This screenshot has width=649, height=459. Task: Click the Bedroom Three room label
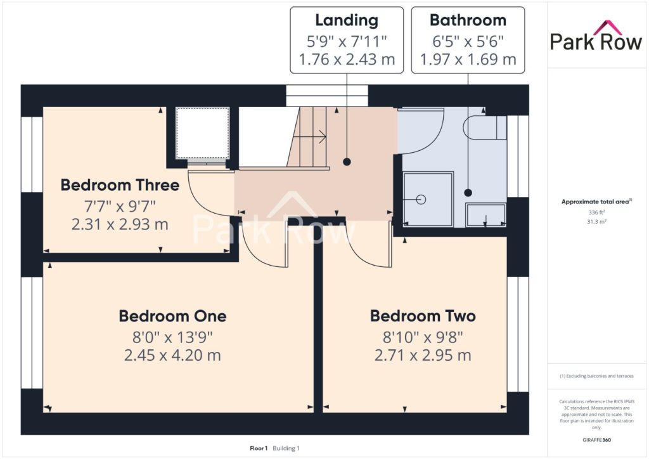120,185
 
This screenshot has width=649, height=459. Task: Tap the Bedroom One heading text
172,316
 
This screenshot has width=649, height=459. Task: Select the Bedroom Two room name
423,316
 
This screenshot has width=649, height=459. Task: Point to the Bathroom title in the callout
468,20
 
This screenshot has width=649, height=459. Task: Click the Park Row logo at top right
596,37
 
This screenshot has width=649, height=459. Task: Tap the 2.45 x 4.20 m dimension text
172,355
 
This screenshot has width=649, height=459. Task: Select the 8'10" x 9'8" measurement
423,337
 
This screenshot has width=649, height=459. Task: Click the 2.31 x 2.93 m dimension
120,224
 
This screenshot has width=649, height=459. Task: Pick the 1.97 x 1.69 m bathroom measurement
468,60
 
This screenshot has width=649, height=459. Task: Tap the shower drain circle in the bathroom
421,200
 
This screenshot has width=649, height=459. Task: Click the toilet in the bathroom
484,127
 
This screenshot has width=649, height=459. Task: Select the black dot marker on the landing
347,162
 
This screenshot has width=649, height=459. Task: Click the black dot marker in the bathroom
468,193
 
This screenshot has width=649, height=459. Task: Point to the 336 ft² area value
596,212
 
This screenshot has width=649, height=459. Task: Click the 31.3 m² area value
596,221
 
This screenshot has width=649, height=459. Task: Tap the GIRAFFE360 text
596,440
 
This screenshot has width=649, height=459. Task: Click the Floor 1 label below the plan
259,448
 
